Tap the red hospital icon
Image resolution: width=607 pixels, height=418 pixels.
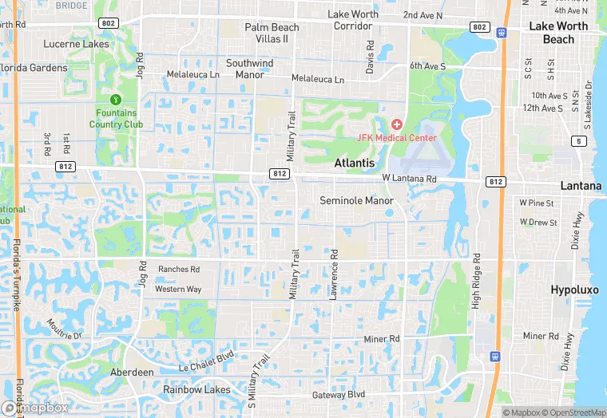(x=397, y=124)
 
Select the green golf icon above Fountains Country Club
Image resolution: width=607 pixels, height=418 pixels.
(x=115, y=100)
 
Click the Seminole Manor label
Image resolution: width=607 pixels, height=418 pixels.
(x=356, y=200)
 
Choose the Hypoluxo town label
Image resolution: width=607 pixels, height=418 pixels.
(x=574, y=290)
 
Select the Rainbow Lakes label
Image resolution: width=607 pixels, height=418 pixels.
(x=196, y=389)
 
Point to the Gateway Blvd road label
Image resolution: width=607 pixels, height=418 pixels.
(x=339, y=395)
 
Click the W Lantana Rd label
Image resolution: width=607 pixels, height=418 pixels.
(x=409, y=178)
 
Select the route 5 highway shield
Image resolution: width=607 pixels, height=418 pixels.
(x=577, y=142)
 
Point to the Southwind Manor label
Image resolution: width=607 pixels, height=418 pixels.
(x=249, y=69)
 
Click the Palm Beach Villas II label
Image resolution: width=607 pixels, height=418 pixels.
(x=272, y=33)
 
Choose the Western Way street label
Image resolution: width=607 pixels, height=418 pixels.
(x=178, y=289)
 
